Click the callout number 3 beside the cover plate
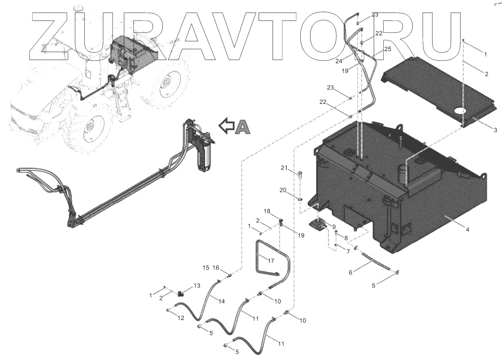tap(495, 130)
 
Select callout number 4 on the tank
tap(467, 230)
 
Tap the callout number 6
tap(350, 272)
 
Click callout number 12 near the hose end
tap(181, 318)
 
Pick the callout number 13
tap(197, 286)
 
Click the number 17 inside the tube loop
tap(271, 260)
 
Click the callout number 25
tap(387, 49)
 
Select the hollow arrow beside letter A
tap(227, 125)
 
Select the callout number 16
tap(216, 268)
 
